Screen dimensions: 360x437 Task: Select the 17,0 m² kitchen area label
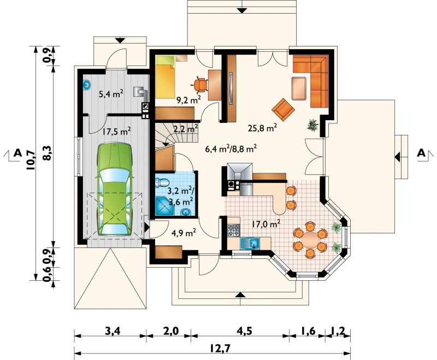tap(265, 223)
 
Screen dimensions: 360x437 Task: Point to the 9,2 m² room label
tap(188, 100)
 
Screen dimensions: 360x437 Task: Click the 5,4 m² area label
tap(110, 94)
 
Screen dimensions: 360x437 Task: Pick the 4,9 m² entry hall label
tap(184, 233)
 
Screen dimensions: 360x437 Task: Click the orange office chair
tap(200, 85)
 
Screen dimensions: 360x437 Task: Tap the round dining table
tap(310, 240)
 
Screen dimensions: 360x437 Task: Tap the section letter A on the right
tap(421, 154)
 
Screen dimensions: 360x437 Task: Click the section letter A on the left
tap(17, 154)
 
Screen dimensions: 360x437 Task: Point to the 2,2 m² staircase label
tap(185, 130)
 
